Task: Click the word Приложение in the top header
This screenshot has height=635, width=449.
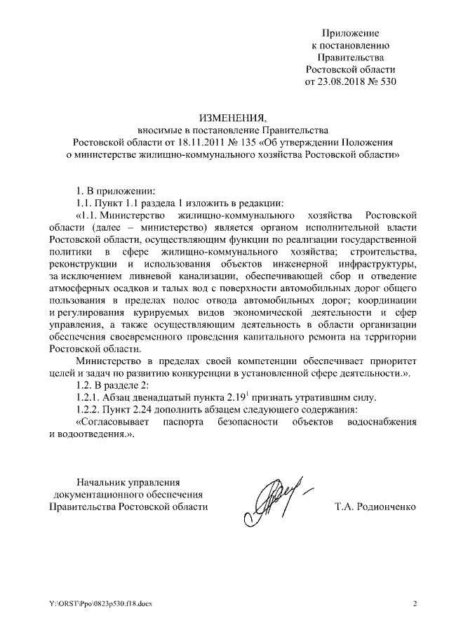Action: [x=351, y=33]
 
